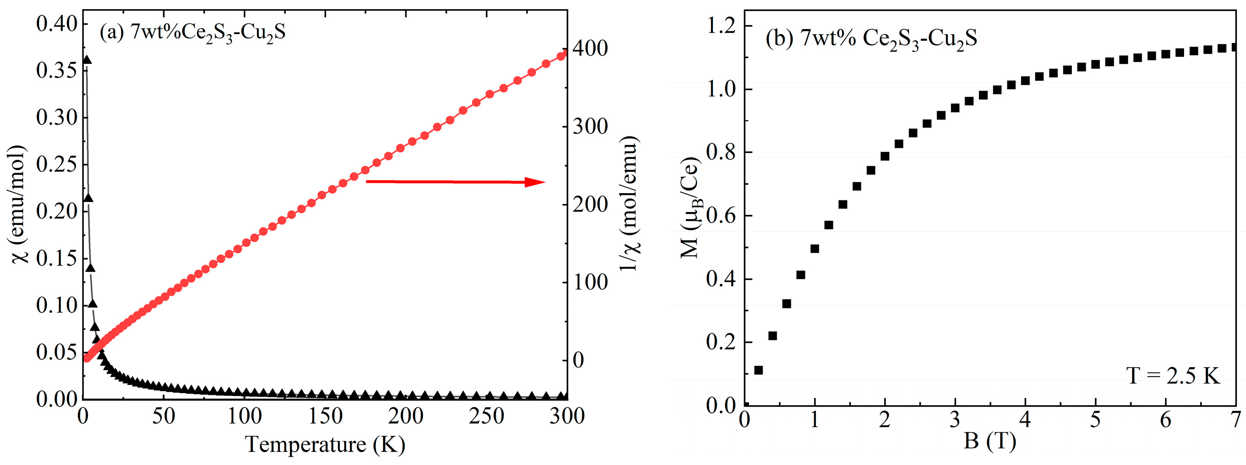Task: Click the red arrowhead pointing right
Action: click(x=535, y=182)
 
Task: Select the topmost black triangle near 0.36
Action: click(x=87, y=60)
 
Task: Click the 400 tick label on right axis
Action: click(x=590, y=48)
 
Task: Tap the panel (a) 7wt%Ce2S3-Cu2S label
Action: click(x=192, y=33)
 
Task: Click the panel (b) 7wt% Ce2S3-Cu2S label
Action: click(x=871, y=39)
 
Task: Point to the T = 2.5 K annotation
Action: click(x=1173, y=376)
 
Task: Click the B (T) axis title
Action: click(x=990, y=441)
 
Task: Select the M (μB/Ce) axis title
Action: click(x=691, y=208)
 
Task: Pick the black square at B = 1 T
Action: click(x=815, y=249)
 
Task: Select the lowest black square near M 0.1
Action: click(x=759, y=370)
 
